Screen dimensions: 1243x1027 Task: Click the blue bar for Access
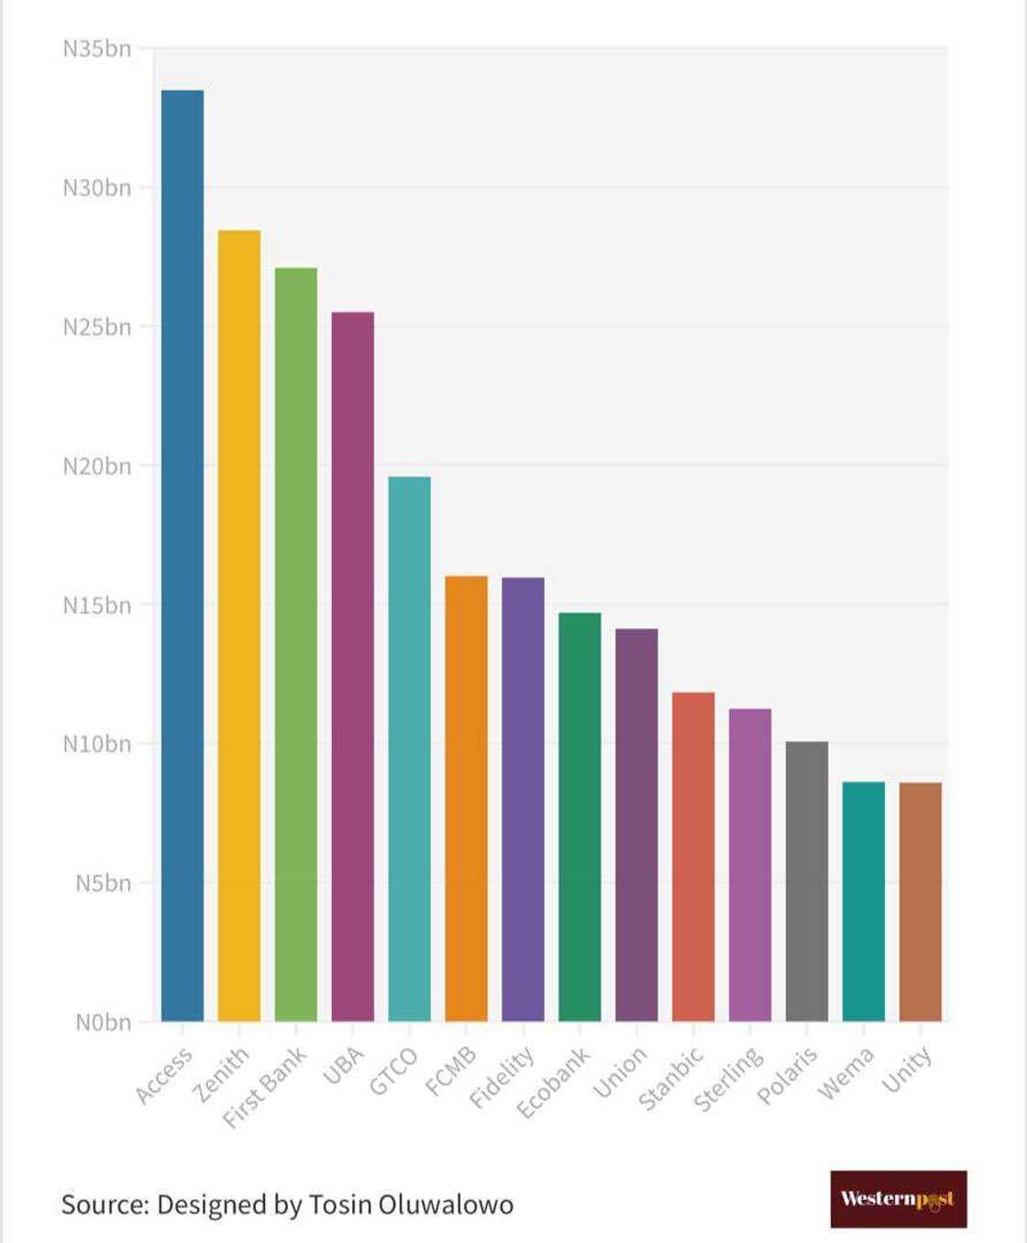[182, 555]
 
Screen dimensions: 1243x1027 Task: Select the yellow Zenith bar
[239, 626]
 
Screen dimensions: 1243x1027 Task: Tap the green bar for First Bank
[296, 644]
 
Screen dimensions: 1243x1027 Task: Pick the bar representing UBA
[353, 666]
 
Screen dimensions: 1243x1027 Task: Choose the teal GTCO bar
[410, 749]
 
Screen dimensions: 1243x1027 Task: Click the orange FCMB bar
[467, 798]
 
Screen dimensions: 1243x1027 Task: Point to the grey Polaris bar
[807, 881]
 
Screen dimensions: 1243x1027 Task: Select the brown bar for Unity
[921, 902]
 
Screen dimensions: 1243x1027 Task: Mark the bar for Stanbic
[693, 857]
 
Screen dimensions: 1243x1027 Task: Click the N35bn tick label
[96, 49]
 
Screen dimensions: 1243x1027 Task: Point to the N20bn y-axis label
[96, 466]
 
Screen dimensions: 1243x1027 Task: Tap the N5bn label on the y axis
[103, 883]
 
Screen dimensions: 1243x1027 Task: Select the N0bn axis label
[103, 1022]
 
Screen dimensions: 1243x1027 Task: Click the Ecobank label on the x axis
[554, 1082]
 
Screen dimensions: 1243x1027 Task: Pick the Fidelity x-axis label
[502, 1077]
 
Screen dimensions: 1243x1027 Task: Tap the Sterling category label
[728, 1079]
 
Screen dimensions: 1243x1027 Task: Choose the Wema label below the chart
[845, 1072]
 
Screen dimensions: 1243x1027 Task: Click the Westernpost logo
[898, 1199]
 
